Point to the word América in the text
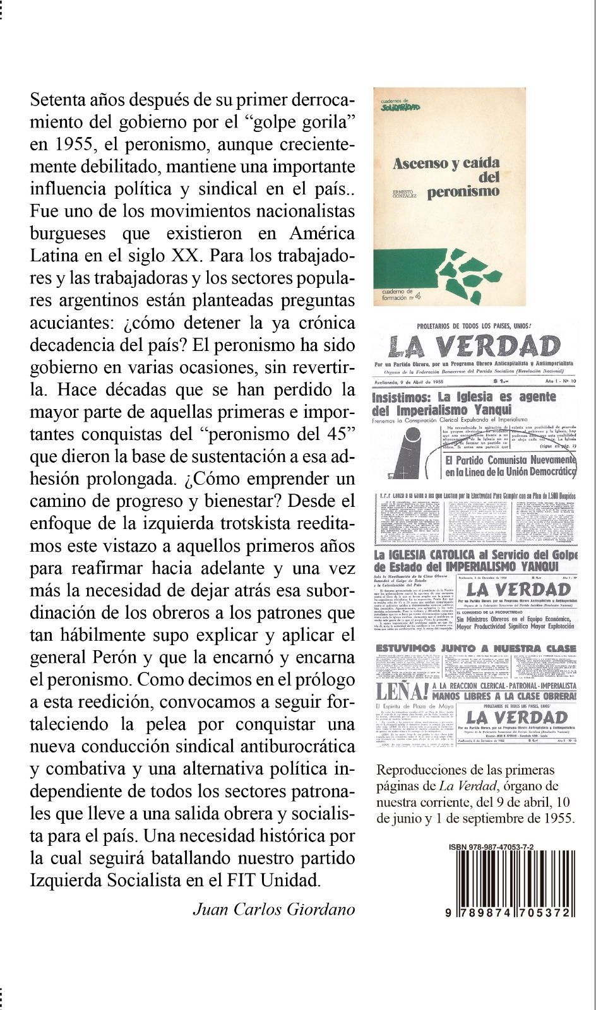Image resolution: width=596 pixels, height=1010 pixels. point(322,234)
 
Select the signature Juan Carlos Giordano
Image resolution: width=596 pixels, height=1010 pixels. point(274,909)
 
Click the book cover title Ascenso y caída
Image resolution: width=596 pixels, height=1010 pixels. point(446,163)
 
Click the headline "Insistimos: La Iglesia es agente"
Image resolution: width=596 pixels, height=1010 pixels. point(464,397)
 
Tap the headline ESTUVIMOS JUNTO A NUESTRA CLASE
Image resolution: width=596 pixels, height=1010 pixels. point(475,648)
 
